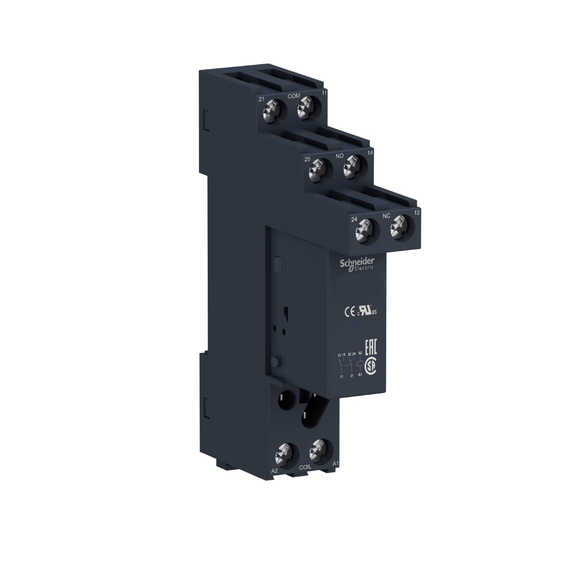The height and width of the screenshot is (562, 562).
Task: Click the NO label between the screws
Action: [339, 155]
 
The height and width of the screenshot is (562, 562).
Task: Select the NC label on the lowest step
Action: [387, 216]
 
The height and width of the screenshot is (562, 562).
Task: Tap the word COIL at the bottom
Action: [305, 467]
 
